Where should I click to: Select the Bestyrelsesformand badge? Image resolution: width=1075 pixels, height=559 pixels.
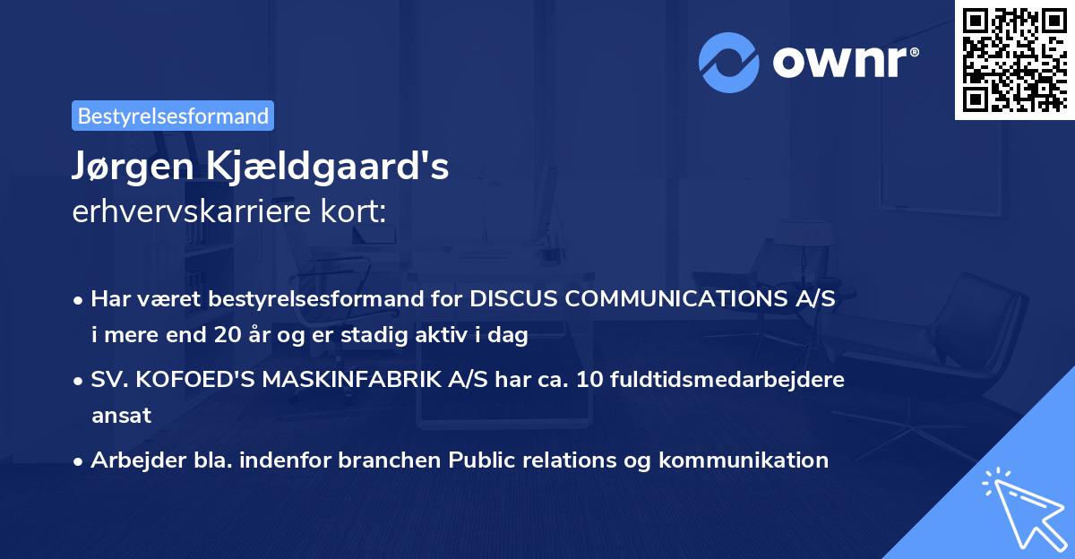click(x=173, y=116)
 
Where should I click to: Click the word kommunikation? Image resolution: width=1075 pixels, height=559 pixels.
click(x=743, y=460)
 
